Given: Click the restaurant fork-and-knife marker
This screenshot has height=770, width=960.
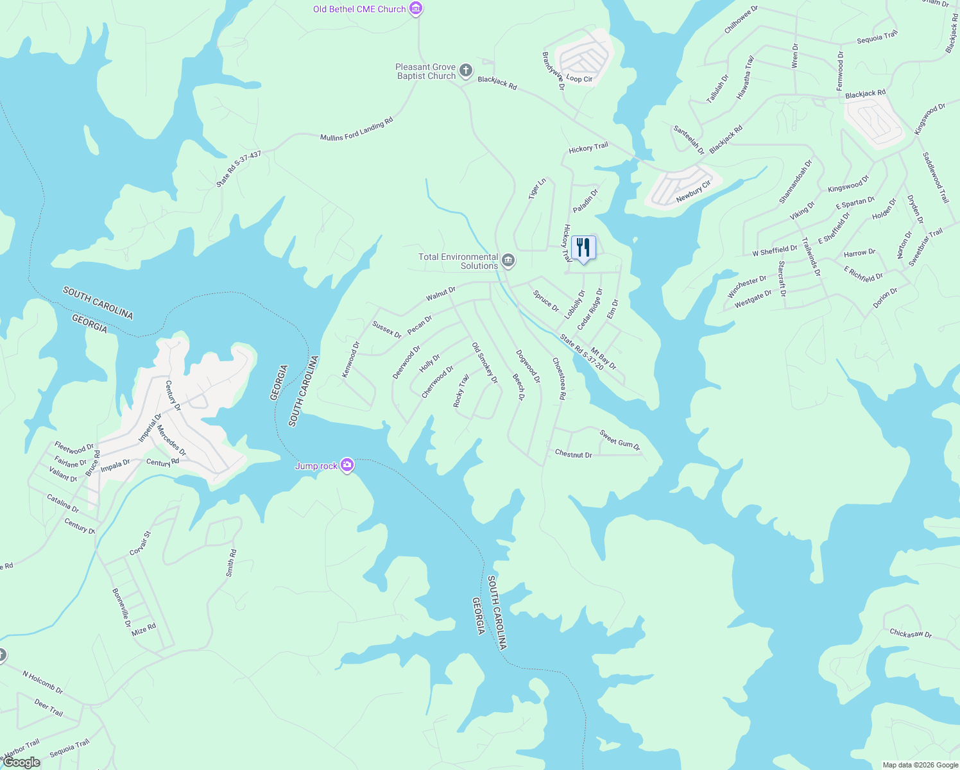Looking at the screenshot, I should [583, 248].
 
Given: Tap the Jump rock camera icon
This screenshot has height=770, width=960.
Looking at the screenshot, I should [347, 465].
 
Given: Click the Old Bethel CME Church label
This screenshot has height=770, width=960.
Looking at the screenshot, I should [359, 9].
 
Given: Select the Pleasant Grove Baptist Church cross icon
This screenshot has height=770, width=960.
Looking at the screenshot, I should [466, 71].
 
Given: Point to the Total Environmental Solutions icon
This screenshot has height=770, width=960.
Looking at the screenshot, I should [508, 261].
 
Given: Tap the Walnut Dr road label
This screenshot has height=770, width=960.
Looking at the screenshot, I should [441, 294].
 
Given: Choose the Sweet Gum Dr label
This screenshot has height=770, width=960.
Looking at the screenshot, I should [619, 440].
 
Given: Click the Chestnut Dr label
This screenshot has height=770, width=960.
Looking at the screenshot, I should [573, 454].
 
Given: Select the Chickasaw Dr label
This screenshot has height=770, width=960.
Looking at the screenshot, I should [910, 634].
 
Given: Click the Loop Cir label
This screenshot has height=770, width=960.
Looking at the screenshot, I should [579, 79].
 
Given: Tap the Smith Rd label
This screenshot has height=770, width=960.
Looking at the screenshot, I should [231, 563].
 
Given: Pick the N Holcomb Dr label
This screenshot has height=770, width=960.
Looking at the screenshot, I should [42, 683].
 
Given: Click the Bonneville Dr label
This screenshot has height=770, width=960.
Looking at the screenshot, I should [121, 608].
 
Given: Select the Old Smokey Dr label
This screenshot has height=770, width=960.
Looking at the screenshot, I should [484, 363].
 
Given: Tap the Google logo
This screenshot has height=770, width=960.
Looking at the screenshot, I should [22, 762].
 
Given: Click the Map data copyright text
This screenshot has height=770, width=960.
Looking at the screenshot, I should [920, 765].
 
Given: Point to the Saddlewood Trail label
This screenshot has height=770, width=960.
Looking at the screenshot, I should [935, 178].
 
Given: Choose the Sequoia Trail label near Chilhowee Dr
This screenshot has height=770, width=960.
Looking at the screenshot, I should [877, 37].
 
